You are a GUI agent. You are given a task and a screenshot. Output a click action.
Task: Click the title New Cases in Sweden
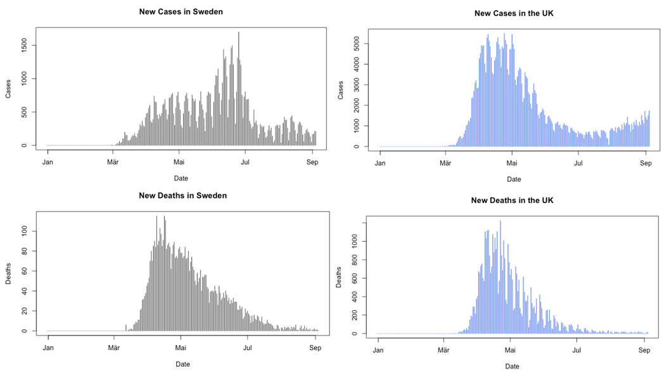[181, 11]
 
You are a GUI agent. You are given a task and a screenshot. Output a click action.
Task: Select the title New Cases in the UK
[514, 13]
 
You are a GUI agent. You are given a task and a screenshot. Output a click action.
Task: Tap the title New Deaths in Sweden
[182, 195]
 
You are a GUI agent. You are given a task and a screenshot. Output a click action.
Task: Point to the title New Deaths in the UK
[512, 200]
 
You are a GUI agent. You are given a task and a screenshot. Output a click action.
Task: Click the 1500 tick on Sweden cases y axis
[24, 45]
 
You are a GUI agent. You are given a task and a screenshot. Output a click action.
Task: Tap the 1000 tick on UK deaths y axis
[355, 241]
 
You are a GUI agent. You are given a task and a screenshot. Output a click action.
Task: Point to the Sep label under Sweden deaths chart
[315, 348]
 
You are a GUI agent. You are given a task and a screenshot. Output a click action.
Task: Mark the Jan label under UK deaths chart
[378, 350]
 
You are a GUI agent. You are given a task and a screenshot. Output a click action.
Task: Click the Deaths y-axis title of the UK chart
[339, 277]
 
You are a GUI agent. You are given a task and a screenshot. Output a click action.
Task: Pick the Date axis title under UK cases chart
[514, 179]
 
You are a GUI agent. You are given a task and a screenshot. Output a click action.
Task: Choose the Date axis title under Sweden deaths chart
[182, 364]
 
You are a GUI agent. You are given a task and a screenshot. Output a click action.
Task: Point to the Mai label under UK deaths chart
[510, 350]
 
